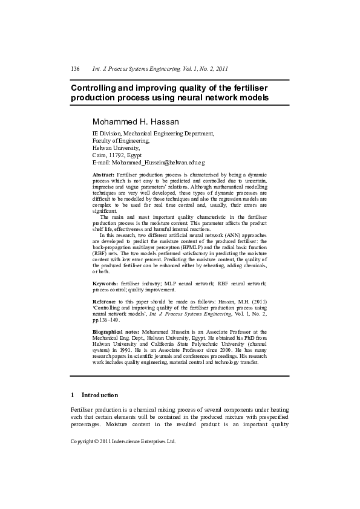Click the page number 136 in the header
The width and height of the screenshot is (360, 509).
tap(75, 69)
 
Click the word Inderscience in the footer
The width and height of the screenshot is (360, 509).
tap(131, 441)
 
